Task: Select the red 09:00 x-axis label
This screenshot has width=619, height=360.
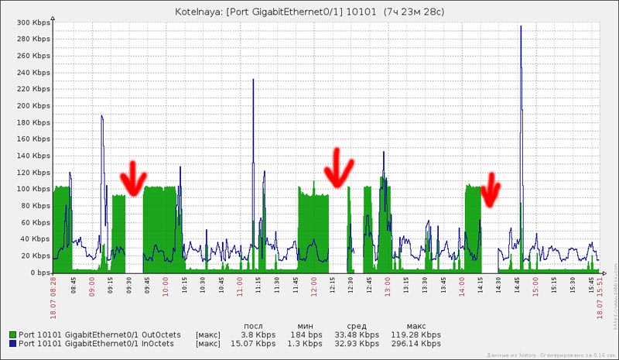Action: pos(92,288)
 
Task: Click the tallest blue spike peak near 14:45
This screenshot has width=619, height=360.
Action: pos(521,26)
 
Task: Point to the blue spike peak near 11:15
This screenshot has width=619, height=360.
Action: pos(252,79)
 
